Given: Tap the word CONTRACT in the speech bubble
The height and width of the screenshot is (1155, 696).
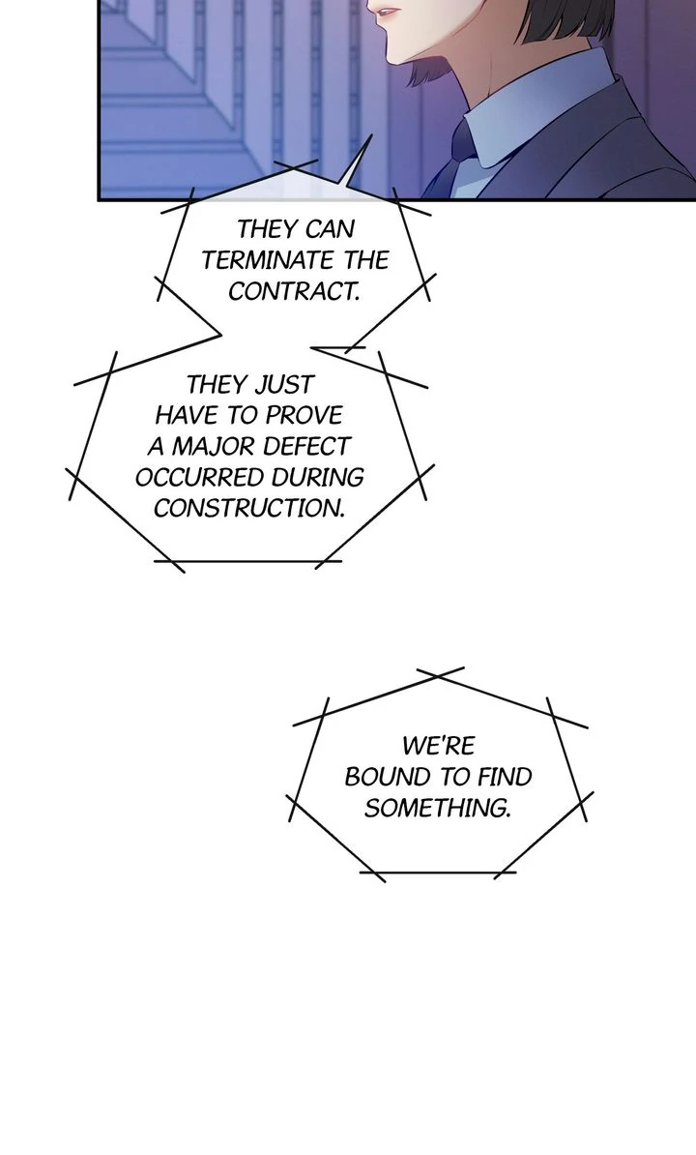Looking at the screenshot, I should click(292, 290).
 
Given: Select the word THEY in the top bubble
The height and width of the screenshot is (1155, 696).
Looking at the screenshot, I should click(267, 229).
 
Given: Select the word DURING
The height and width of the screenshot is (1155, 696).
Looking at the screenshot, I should click(318, 477).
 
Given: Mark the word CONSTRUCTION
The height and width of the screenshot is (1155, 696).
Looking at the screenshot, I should click(248, 508).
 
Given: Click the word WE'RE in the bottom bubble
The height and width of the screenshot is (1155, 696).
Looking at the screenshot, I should click(438, 746).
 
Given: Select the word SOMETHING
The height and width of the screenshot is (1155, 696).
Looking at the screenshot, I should click(437, 808).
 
